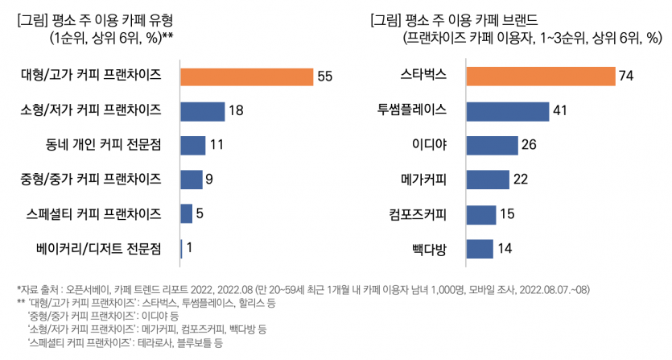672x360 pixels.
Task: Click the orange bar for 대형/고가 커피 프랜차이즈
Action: pyautogui.click(x=246, y=76)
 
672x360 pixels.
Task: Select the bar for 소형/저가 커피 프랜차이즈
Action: pyautogui.click(x=203, y=110)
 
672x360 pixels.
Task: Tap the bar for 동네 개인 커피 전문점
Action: pyautogui.click(x=193, y=145)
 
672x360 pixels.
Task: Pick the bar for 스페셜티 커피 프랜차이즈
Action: pyautogui.click(x=187, y=213)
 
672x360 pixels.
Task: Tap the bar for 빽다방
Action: pyautogui.click(x=480, y=248)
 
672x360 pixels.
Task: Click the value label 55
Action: pyautogui.click(x=325, y=77)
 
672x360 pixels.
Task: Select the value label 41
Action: pyautogui.click(x=562, y=111)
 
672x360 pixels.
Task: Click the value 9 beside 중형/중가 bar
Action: pyautogui.click(x=208, y=180)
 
